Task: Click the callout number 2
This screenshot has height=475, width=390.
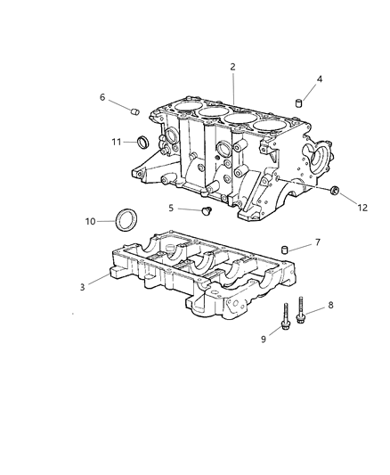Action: [232, 67]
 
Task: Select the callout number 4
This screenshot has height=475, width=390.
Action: [320, 79]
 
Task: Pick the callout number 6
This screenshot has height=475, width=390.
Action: [102, 97]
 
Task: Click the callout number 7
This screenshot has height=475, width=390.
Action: [318, 242]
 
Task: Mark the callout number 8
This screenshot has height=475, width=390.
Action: [330, 306]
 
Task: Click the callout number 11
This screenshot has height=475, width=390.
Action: [117, 142]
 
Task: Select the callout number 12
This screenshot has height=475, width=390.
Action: [362, 208]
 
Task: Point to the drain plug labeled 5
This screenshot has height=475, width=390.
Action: [207, 212]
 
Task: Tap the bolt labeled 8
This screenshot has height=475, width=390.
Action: [302, 311]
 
